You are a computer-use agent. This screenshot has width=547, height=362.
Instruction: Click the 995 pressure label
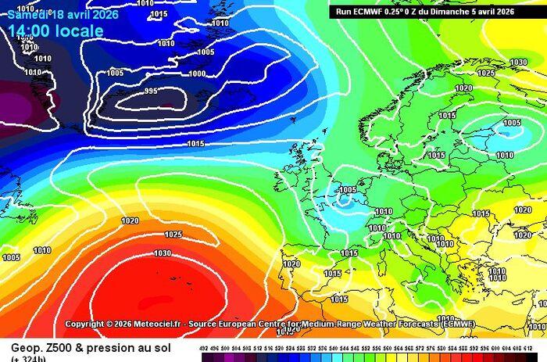click(x=151, y=91)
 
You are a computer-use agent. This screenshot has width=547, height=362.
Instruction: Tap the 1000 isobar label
click(x=197, y=74)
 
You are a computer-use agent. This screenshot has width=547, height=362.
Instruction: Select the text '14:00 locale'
click(x=55, y=31)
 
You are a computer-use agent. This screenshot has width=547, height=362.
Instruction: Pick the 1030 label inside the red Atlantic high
click(x=163, y=253)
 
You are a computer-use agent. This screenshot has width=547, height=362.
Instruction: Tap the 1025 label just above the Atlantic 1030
click(x=173, y=235)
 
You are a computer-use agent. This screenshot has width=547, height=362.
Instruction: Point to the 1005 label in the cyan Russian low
click(x=512, y=123)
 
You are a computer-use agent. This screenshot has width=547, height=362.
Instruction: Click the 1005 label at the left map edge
click(x=11, y=257)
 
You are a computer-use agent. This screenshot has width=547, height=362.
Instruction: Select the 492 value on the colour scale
click(x=204, y=349)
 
